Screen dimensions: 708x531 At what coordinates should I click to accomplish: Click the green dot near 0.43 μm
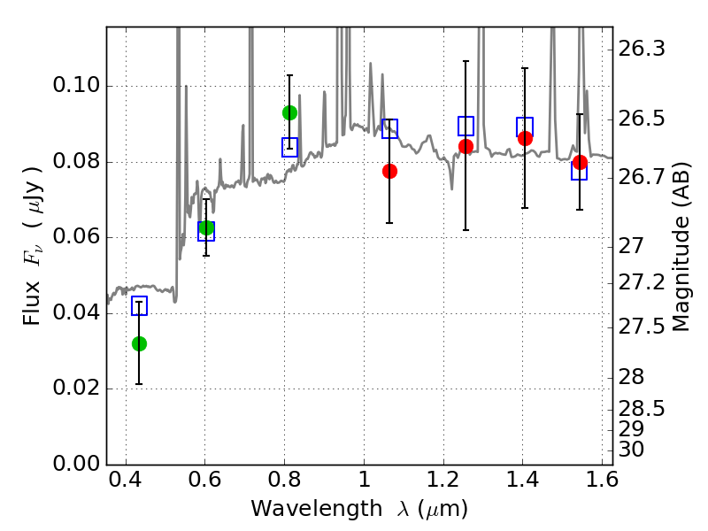[139, 343]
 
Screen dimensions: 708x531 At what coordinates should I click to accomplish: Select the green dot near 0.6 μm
[206, 227]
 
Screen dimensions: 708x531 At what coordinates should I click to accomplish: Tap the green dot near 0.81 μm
[289, 112]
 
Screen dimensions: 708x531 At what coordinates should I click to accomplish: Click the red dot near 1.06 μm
[389, 171]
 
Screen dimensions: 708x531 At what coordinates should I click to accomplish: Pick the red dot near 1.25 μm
[466, 146]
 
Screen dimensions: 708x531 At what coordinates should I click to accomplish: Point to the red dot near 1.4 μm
[525, 138]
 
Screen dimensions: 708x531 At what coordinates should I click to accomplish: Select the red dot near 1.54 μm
[580, 163]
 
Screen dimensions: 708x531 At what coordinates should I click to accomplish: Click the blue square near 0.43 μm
[139, 305]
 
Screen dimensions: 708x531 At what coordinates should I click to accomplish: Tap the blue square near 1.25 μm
[466, 126]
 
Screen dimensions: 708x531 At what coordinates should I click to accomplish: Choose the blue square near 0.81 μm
[289, 147]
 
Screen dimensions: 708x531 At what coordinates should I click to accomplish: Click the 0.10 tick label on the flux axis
[76, 85]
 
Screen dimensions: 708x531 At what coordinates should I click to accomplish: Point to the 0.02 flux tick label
[76, 388]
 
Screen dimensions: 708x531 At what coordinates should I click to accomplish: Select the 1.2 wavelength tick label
[443, 480]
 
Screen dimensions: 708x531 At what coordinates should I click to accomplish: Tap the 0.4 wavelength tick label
[125, 480]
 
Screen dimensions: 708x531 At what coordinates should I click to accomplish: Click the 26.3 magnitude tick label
[641, 49]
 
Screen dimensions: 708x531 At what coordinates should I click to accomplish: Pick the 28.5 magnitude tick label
[641, 409]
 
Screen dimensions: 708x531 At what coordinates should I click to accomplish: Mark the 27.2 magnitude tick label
[641, 282]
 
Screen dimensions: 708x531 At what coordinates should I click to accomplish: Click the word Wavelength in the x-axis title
[317, 509]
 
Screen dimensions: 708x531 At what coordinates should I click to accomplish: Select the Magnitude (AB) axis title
[681, 247]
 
